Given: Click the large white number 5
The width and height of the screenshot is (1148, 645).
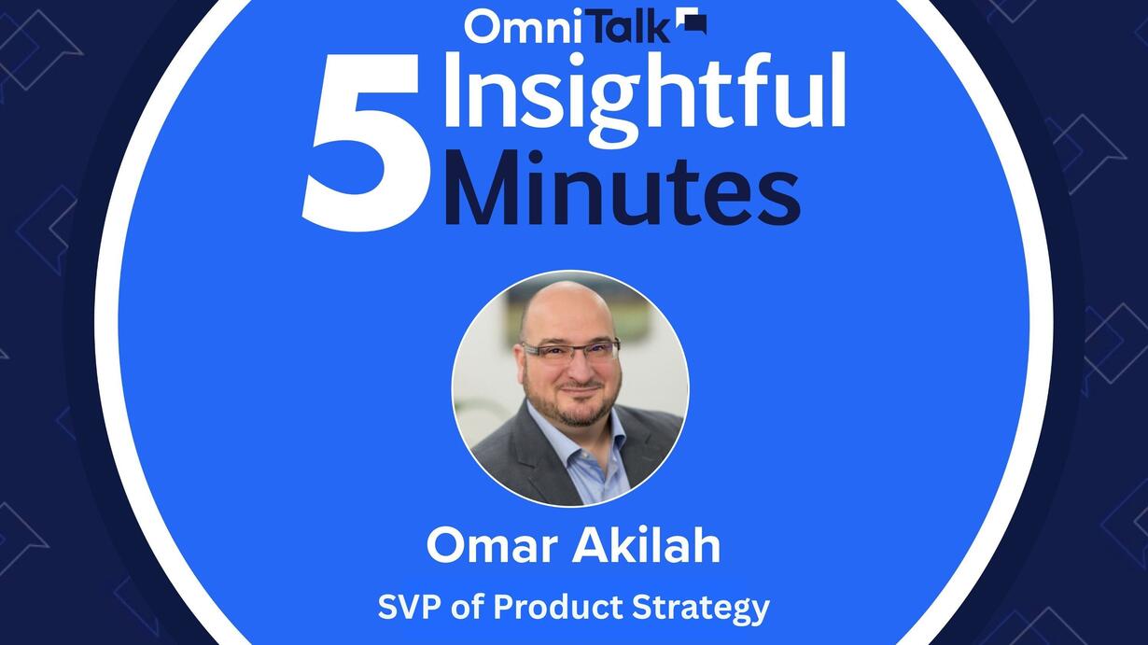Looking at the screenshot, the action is (x=364, y=144).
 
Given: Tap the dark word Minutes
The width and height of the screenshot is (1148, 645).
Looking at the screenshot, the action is (x=623, y=189).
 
